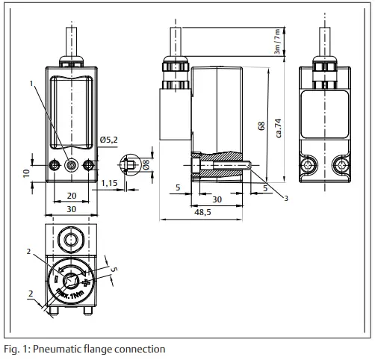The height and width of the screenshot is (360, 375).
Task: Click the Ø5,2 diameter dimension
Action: (110, 140)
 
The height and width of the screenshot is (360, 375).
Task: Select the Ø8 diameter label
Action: (146, 164)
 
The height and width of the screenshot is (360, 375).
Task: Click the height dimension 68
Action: (261, 127)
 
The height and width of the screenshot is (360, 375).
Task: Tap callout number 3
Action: (286, 198)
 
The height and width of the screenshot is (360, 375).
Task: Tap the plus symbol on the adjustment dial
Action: (87, 284)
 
